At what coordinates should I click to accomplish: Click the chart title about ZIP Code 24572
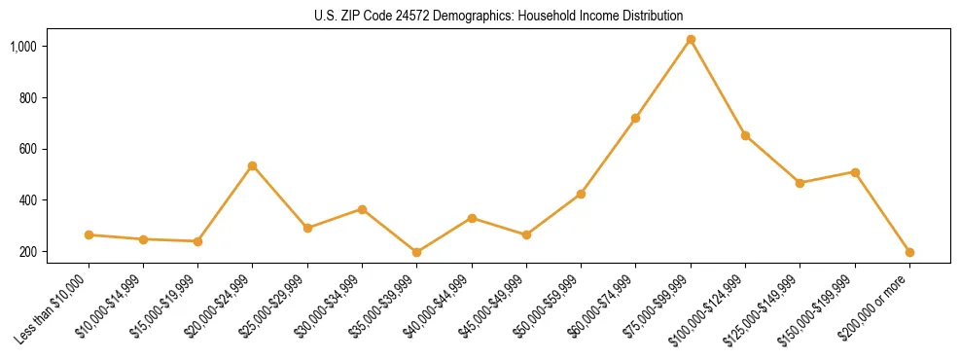[480, 16]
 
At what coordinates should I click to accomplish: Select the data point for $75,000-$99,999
[691, 40]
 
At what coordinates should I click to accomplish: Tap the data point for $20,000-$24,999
[253, 166]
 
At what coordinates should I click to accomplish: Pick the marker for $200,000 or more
[909, 252]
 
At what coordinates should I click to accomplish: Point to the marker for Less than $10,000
[89, 234]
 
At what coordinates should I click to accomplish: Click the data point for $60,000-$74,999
[636, 118]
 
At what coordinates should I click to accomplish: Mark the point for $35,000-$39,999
[417, 252]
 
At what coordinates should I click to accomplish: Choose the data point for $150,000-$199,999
[855, 172]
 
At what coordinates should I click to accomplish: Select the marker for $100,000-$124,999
[745, 135]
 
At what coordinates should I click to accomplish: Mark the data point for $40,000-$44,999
[472, 218]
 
